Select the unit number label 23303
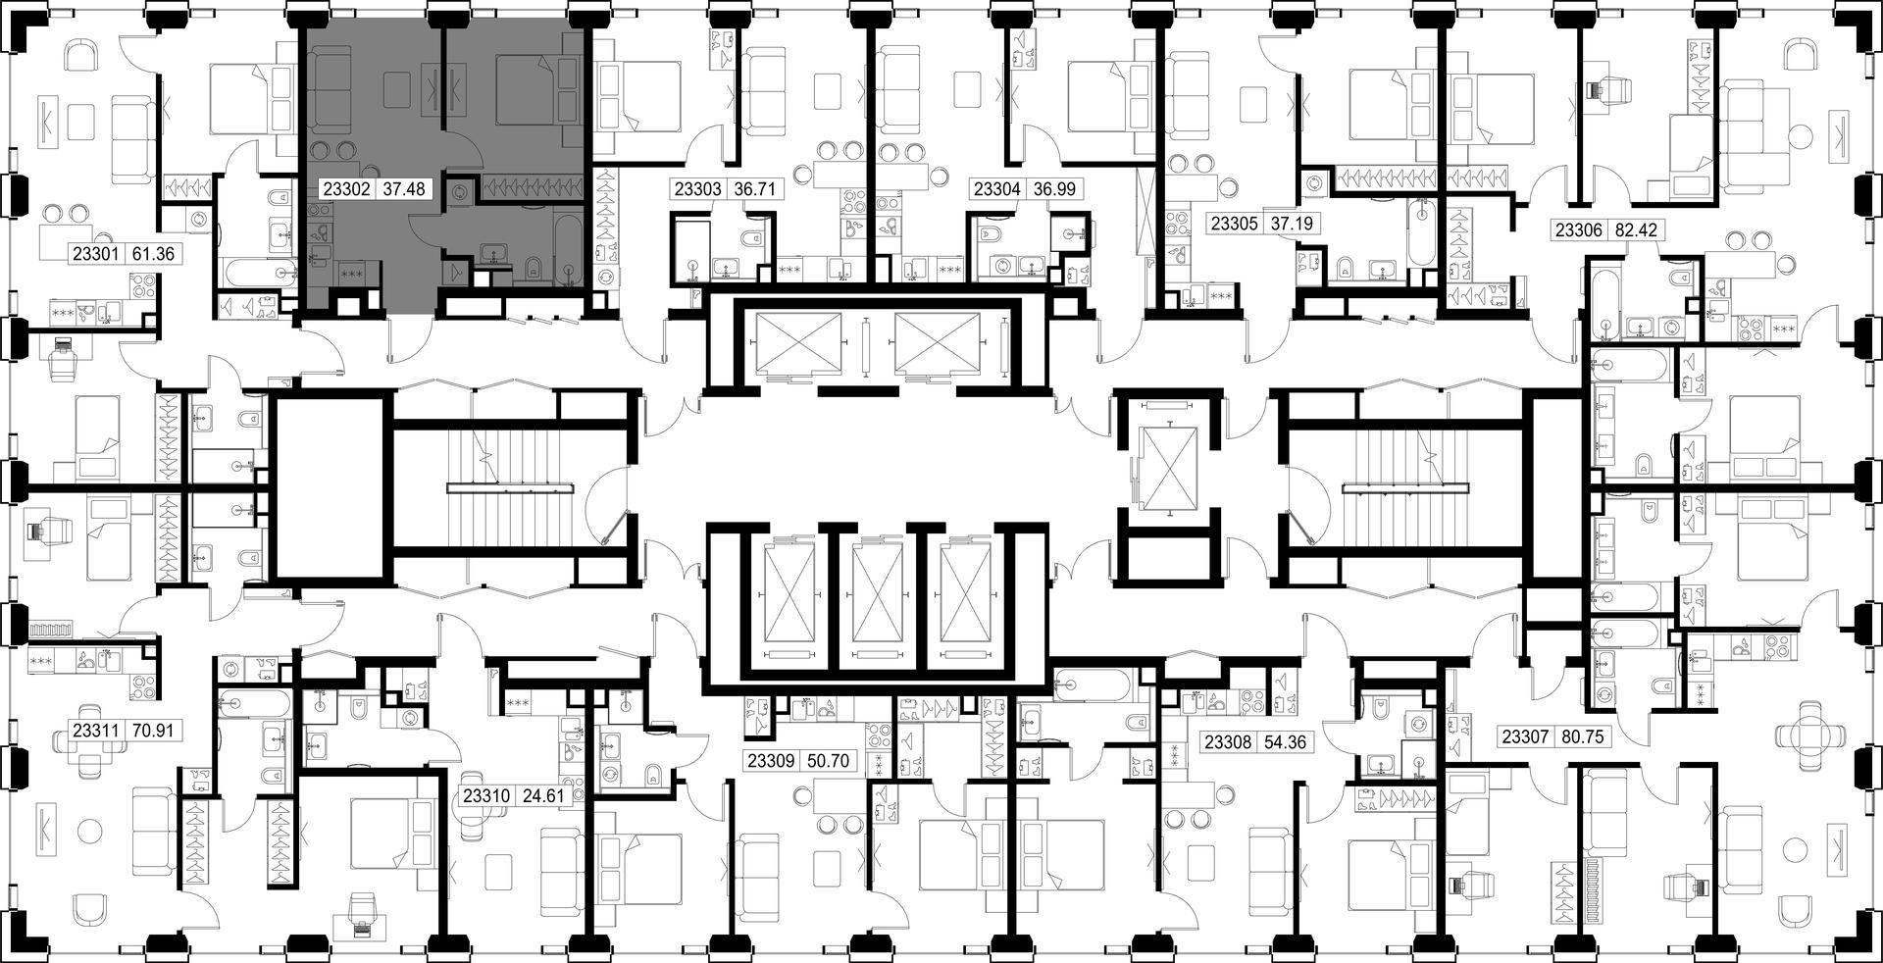(x=697, y=189)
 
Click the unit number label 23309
(x=772, y=761)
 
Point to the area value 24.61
(x=542, y=796)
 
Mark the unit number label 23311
(x=96, y=731)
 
